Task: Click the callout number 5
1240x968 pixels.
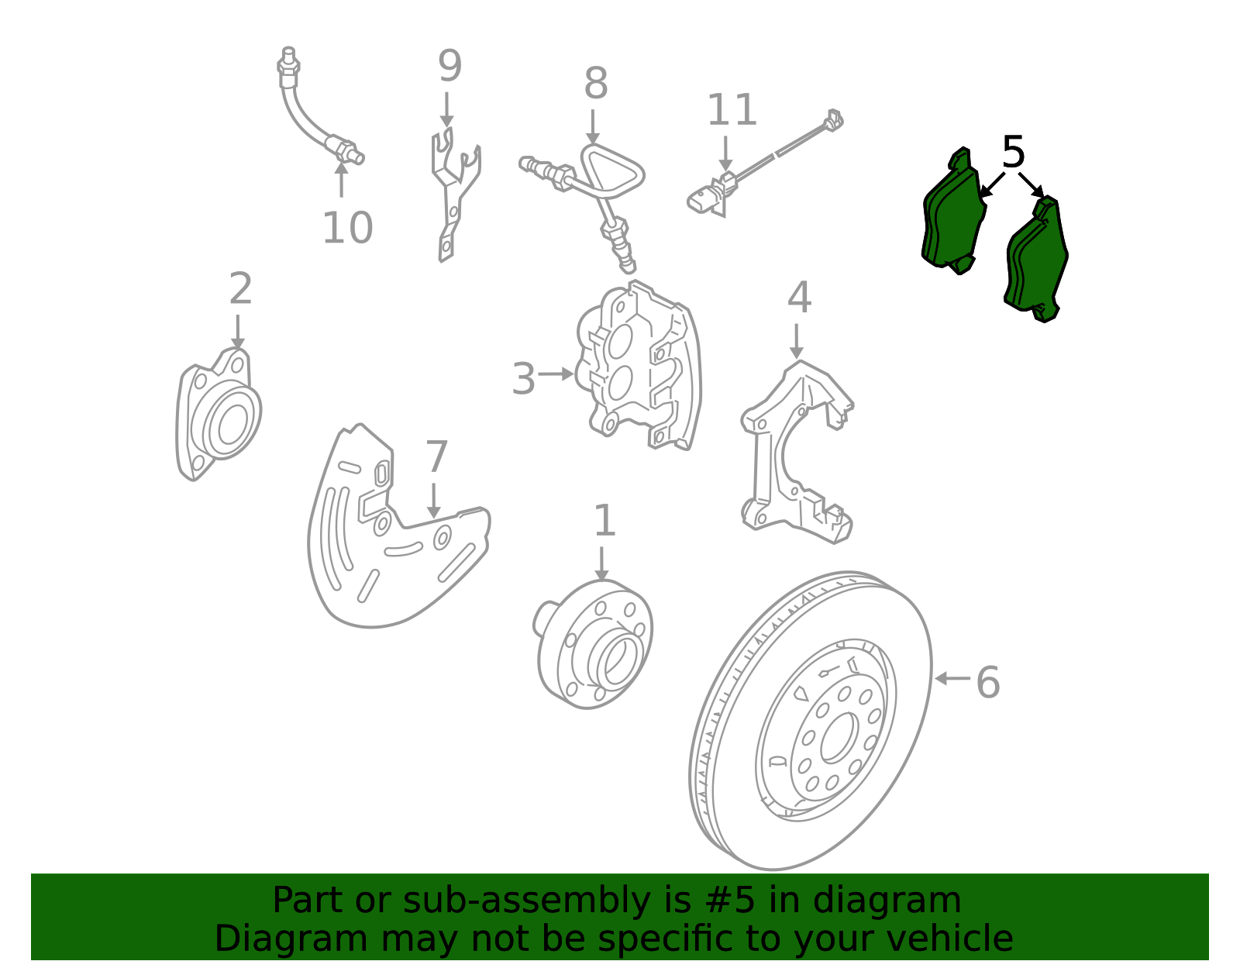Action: point(1013,153)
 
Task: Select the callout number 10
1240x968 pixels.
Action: point(347,228)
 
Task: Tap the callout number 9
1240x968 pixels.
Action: point(449,66)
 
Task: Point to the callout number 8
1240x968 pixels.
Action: point(596,83)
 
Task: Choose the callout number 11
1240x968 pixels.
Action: point(732,109)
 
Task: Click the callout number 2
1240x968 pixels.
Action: point(240,288)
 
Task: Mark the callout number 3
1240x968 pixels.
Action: point(523,378)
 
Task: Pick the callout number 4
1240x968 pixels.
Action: point(799,297)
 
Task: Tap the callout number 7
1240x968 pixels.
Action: point(436,456)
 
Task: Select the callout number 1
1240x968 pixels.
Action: point(604,520)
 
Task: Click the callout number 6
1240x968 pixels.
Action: point(988,682)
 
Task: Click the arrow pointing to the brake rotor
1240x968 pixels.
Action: point(952,679)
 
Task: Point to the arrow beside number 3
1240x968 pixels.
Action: point(556,374)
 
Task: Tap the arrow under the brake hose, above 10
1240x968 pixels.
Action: point(341,180)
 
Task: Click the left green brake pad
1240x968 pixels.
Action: point(953,211)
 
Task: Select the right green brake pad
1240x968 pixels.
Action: point(1035,260)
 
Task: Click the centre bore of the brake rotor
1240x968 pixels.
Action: point(839,738)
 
